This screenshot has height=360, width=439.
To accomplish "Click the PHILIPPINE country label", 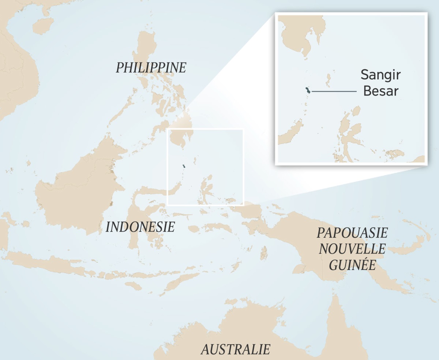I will (x=151, y=68).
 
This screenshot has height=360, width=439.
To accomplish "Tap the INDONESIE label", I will (x=140, y=227).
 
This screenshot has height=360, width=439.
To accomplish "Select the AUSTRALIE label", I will (x=236, y=349).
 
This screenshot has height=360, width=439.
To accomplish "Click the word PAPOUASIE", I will (x=352, y=233).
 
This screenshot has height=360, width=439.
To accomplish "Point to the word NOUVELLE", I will (x=352, y=249).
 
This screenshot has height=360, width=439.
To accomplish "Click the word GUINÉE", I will (x=352, y=265).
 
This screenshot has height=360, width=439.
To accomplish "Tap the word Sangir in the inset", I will (x=380, y=75).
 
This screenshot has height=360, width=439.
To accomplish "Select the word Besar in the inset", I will (x=380, y=91).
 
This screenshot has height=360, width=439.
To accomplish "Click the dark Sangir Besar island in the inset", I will (x=308, y=91).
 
